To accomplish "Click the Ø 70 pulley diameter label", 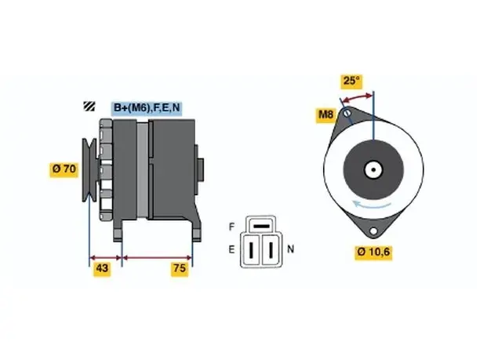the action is click(64, 169).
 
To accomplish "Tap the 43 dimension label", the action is click(102, 268).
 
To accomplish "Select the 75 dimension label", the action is click(180, 268).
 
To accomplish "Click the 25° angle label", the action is click(351, 81).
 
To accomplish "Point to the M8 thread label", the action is click(325, 115).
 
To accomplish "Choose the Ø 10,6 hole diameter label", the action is click(373, 253).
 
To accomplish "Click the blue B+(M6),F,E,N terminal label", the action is click(147, 107).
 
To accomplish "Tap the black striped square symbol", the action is click(89, 106).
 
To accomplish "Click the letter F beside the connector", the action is click(231, 227).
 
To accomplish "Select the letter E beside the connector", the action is click(231, 249).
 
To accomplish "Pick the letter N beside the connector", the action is click(290, 249).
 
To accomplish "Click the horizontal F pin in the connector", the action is click(262, 227).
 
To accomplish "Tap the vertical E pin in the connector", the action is click(251, 249).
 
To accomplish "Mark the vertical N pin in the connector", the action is click(271, 249).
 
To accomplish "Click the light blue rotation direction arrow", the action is click(371, 205).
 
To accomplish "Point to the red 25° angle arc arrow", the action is click(357, 97).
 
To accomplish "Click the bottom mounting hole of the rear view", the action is click(373, 231).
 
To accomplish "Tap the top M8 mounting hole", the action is click(347, 113).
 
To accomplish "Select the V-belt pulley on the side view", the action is click(89, 170).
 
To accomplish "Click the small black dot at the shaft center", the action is click(373, 170).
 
